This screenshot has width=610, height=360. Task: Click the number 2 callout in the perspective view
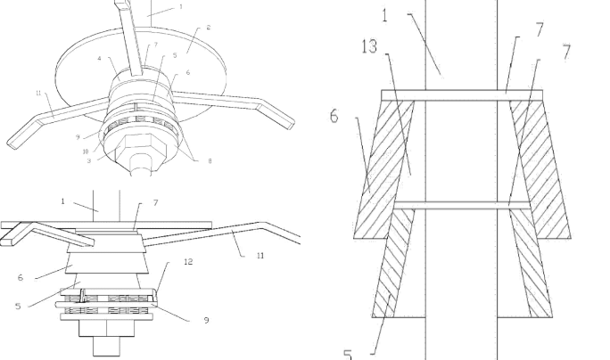[x=209, y=28]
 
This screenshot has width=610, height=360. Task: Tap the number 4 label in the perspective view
[x=100, y=60]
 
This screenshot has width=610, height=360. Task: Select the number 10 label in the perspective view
[x=86, y=151]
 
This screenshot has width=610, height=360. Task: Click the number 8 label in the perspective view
[x=210, y=160]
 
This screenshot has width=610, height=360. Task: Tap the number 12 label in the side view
[x=188, y=262]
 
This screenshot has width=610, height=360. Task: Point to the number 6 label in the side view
[x=21, y=277]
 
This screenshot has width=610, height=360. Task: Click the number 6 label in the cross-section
[x=334, y=115]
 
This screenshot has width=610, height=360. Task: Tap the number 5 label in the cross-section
[x=347, y=354]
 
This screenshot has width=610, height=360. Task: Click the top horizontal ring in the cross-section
[x=455, y=92]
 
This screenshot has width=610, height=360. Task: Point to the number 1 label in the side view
[x=62, y=201]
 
